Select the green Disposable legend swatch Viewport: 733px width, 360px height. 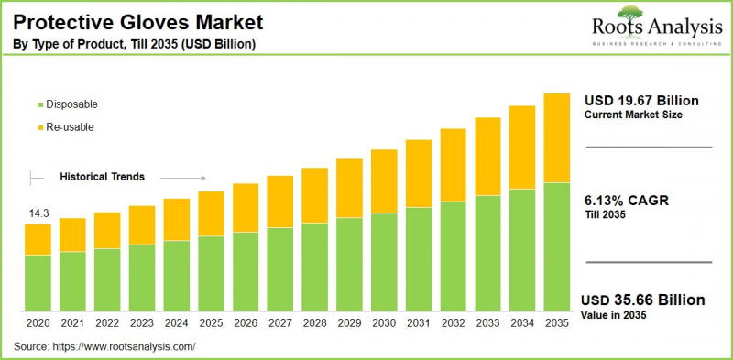coord(38,104)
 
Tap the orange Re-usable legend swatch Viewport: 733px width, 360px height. coord(38,127)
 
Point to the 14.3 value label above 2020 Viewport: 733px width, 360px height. coord(38,213)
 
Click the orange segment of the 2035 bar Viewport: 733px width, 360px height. coord(556,137)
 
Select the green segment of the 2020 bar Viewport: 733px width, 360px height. coord(38,282)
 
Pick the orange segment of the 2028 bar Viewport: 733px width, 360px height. coord(314,195)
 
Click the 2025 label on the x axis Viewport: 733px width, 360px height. coord(211,322)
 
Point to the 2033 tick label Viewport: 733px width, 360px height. coord(487,322)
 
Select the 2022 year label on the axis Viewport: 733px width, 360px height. coord(107,322)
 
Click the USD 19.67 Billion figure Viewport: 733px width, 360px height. coord(641,100)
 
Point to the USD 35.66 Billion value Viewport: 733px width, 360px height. coord(644,300)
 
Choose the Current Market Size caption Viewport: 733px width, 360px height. coord(631,115)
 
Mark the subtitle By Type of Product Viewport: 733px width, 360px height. coord(133,43)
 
